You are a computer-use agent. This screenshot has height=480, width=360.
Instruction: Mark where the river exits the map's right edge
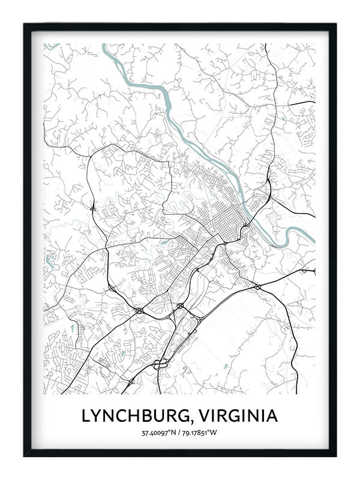pos(313,241)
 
